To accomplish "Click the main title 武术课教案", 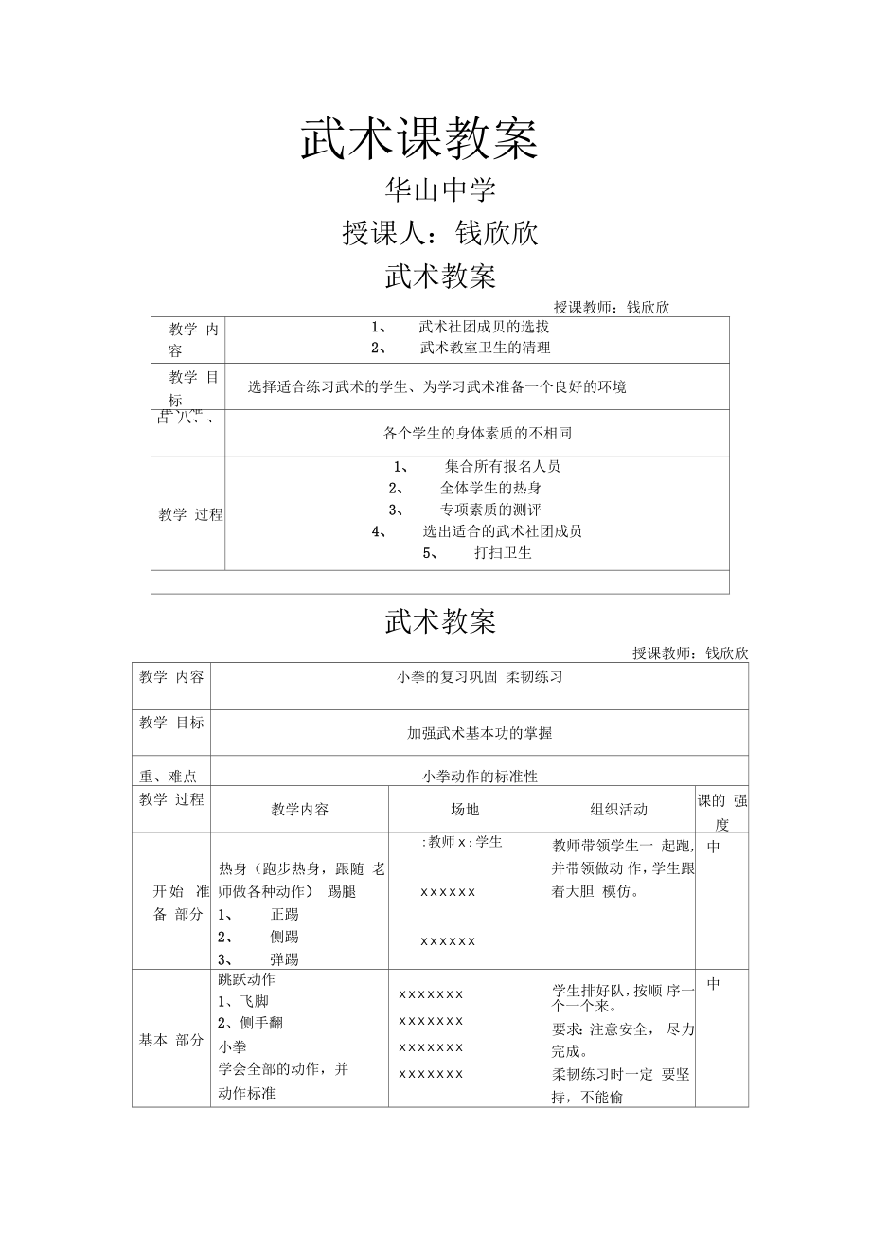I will [x=419, y=139].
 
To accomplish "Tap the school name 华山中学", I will [x=439, y=190].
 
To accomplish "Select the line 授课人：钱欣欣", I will [x=439, y=233].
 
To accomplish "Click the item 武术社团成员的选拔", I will [x=484, y=327].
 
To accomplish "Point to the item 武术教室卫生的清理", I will [x=485, y=348].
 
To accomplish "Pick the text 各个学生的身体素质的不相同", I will [x=477, y=434].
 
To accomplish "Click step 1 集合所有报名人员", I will [x=503, y=466].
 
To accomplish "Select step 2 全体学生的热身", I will [x=490, y=488].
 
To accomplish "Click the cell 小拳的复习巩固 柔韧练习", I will [x=479, y=677].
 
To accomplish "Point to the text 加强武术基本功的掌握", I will [x=479, y=733].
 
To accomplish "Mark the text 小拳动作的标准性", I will [x=480, y=777].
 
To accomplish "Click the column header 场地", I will [x=465, y=810].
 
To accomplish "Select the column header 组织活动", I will [x=618, y=810].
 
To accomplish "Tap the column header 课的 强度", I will [x=722, y=812].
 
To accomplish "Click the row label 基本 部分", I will [x=171, y=1040].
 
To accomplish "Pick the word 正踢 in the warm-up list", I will [x=284, y=915].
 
